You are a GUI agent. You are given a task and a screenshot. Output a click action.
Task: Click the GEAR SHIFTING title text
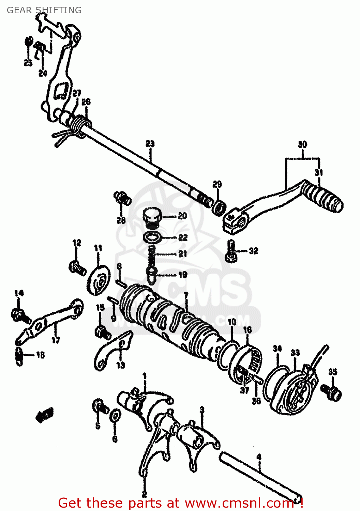44,10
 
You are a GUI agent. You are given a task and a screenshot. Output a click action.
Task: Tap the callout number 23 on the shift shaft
150,144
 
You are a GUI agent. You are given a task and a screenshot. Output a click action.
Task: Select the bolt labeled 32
231,251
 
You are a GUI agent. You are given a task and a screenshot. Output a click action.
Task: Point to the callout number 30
302,144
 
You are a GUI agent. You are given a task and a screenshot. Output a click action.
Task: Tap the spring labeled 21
152,254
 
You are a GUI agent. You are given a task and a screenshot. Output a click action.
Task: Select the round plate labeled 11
99,279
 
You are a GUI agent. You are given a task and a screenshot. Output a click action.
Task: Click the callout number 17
56,340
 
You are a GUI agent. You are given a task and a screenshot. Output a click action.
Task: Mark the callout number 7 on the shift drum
186,295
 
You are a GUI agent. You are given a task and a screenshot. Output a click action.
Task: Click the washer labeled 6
115,416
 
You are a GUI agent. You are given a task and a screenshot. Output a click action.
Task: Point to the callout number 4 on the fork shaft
259,457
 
